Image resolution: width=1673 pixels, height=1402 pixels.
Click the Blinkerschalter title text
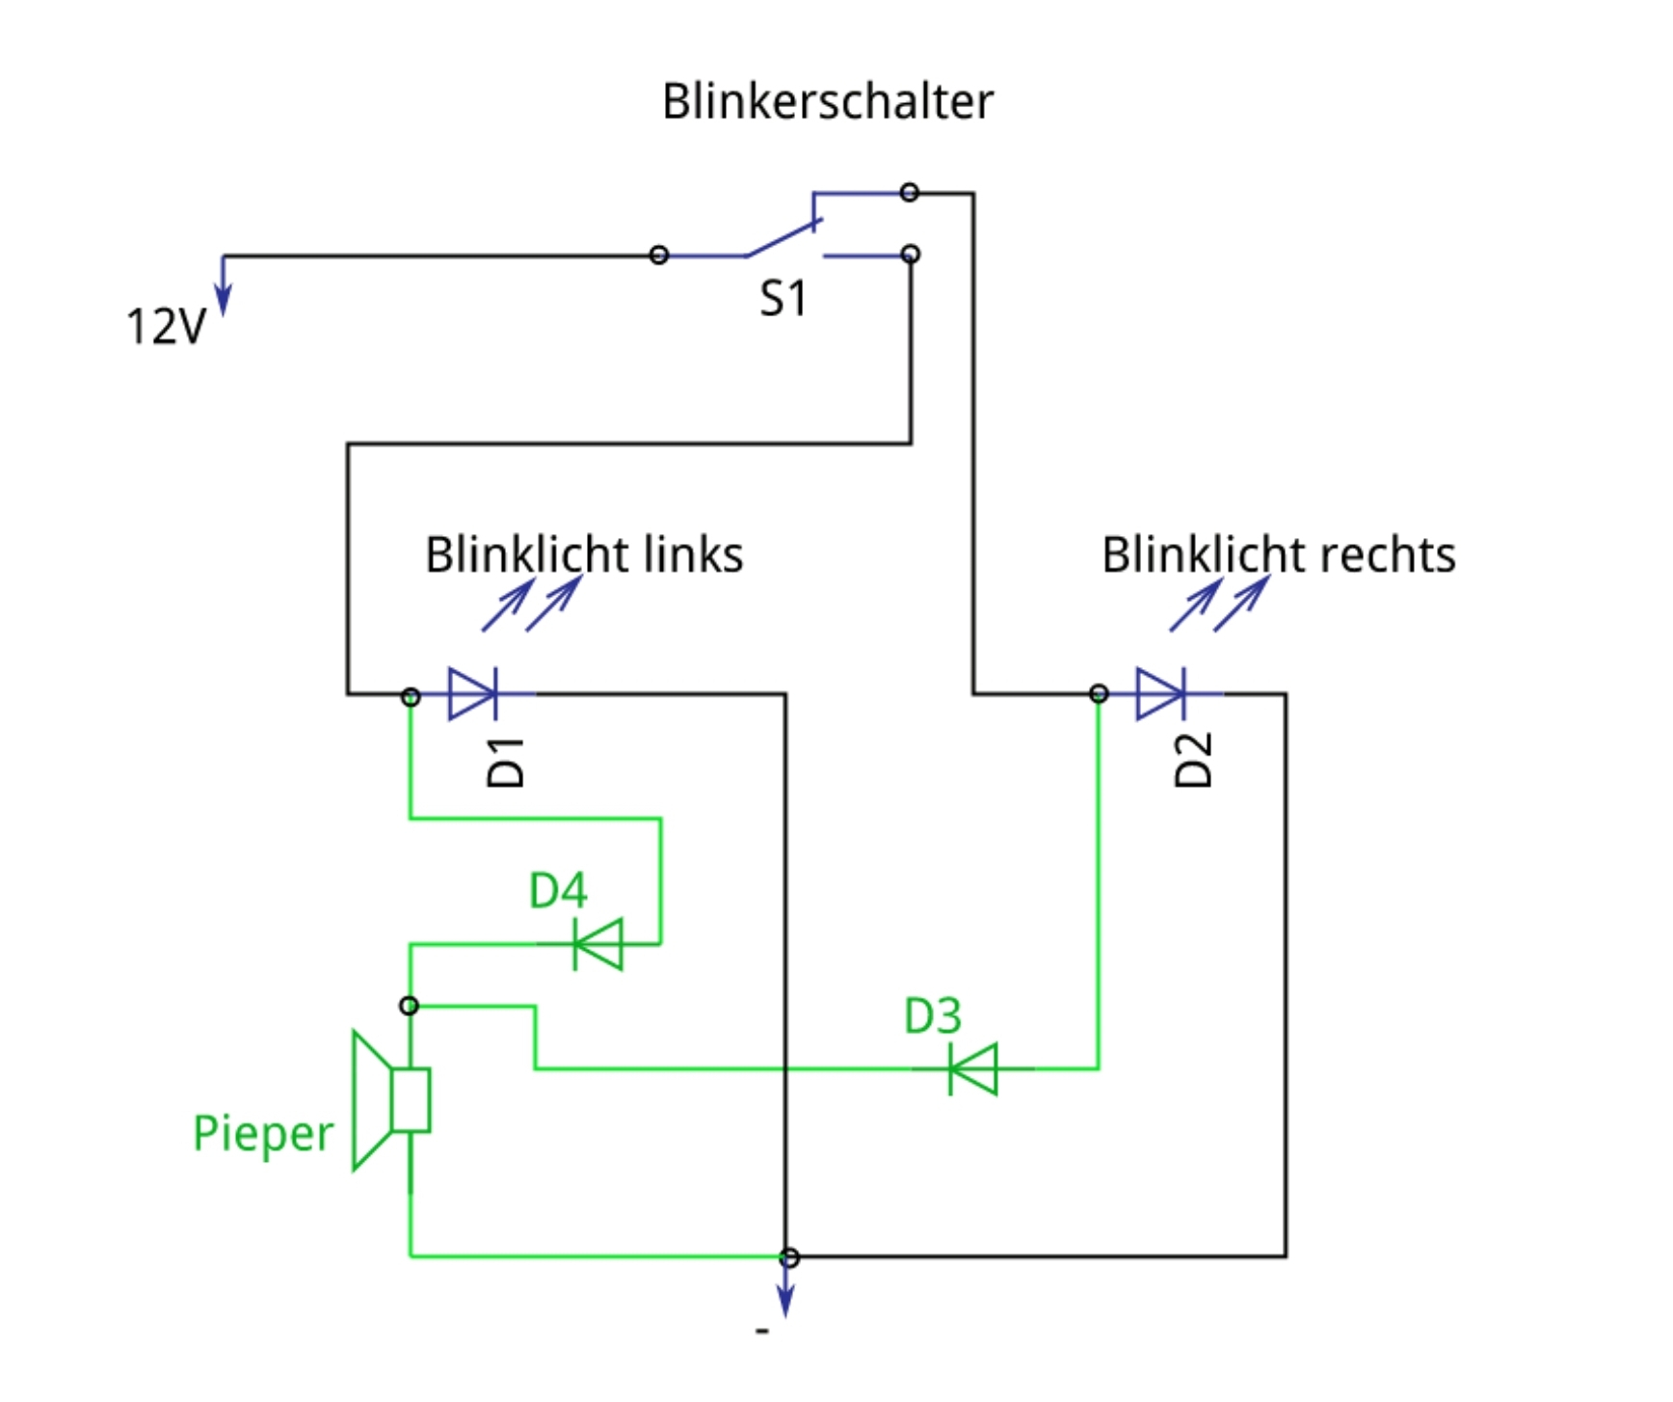[x=827, y=102]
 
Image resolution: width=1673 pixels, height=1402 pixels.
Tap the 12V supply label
[x=165, y=327]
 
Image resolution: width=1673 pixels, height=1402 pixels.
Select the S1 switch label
[x=783, y=299]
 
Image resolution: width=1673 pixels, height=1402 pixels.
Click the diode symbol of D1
[x=473, y=693]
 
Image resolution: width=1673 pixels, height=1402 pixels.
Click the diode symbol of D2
[x=1161, y=693]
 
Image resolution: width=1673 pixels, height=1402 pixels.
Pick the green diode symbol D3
[x=973, y=1068]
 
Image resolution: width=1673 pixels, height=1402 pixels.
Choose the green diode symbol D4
[x=598, y=944]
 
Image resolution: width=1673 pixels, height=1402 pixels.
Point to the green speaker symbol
[x=391, y=1100]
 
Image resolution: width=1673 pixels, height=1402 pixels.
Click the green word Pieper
[x=262, y=1134]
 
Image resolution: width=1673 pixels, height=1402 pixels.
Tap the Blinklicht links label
[x=584, y=555]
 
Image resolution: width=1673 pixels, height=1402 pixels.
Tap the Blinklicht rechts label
[x=1278, y=555]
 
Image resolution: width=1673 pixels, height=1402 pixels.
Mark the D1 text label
[x=506, y=763]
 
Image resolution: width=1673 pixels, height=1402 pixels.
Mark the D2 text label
[x=1194, y=761]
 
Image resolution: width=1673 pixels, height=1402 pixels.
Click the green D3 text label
[x=932, y=1016]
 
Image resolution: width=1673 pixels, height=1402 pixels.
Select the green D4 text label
[x=558, y=891]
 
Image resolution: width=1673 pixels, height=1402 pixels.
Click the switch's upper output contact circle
[x=909, y=192]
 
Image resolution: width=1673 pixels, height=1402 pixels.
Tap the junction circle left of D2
[x=1099, y=693]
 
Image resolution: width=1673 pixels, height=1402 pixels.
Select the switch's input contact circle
[x=659, y=256]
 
